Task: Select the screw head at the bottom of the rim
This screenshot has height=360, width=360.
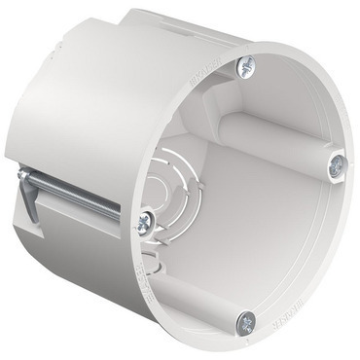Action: pos(247,320)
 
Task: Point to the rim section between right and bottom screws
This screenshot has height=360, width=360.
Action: pos(316,253)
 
